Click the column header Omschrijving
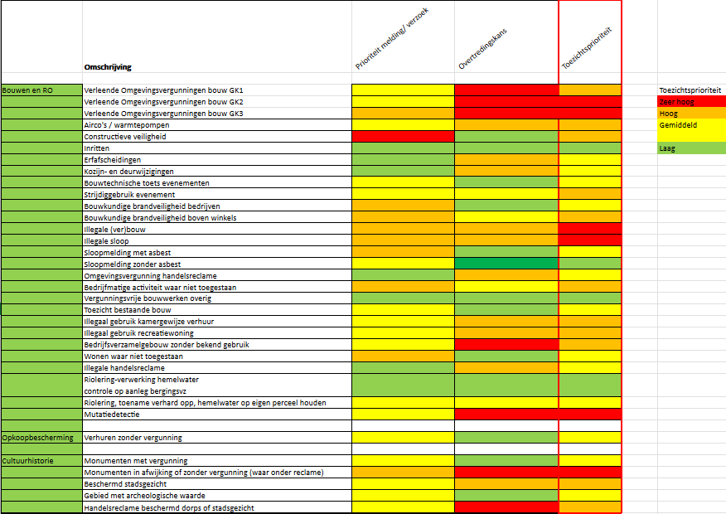(x=108, y=67)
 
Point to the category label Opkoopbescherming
(x=37, y=437)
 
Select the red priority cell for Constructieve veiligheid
(x=403, y=136)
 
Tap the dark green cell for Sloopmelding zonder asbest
(x=506, y=264)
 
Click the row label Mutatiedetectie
(x=112, y=414)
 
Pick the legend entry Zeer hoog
(x=676, y=102)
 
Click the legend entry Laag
(x=668, y=148)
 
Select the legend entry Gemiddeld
(x=679, y=125)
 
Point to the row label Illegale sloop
(x=106, y=240)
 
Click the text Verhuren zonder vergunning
(x=133, y=437)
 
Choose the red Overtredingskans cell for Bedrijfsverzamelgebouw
(x=506, y=344)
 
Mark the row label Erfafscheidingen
(x=112, y=159)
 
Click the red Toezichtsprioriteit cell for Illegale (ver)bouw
(x=590, y=229)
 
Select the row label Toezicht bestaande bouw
(x=128, y=310)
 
